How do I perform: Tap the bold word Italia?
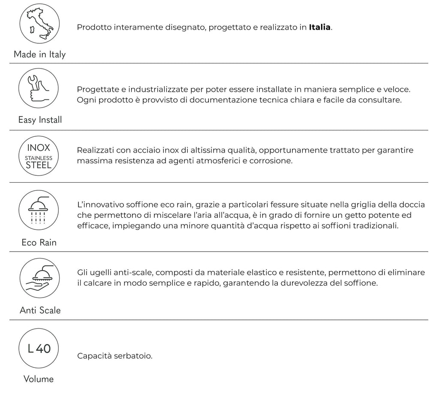click(x=319, y=27)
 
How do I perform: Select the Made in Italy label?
click(x=39, y=54)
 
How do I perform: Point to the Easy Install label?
click(x=40, y=120)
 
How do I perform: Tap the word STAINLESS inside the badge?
click(x=39, y=158)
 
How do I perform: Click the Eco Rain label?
click(x=39, y=243)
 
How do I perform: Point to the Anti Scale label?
click(x=40, y=310)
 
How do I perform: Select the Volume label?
click(x=39, y=379)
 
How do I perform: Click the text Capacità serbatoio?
click(x=115, y=356)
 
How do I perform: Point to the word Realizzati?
click(x=94, y=150)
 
